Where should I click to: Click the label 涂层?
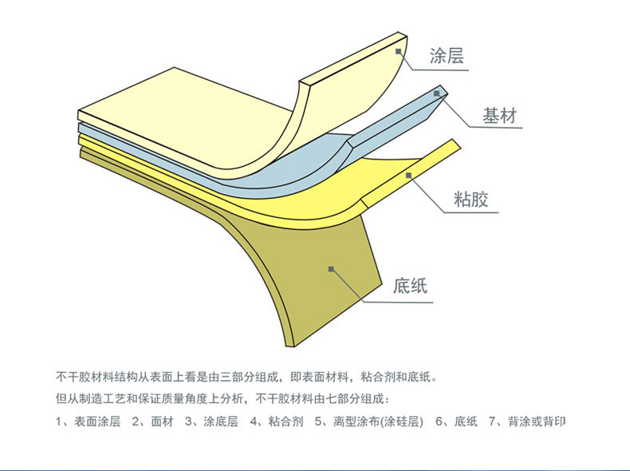(447, 56)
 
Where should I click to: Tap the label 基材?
(499, 116)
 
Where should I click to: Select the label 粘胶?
(471, 199)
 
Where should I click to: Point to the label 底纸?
(410, 286)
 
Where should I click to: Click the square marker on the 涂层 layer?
(398, 51)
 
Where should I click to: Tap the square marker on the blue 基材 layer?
(437, 93)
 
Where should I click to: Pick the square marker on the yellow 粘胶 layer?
(408, 175)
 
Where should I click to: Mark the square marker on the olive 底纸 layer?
(331, 269)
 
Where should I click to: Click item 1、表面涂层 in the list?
(88, 422)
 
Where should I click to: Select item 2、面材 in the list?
(152, 422)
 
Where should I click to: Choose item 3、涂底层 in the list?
(211, 422)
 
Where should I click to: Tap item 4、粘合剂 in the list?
(277, 422)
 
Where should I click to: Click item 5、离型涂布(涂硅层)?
(369, 422)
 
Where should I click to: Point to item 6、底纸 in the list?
(457, 422)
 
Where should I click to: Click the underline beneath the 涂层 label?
(440, 70)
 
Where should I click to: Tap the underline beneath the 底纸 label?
(398, 302)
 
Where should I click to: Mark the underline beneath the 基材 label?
(496, 128)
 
